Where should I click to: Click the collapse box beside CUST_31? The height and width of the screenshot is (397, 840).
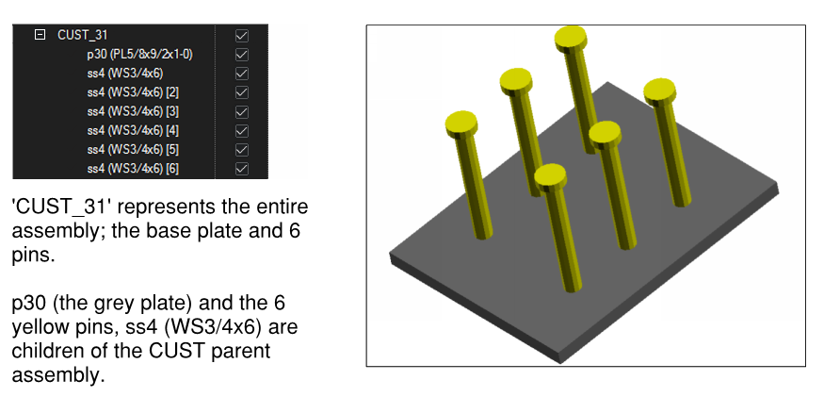[x=40, y=35]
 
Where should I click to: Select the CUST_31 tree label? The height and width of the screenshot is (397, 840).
[x=83, y=36]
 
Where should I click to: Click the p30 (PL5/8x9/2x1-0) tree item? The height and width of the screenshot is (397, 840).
[x=139, y=54]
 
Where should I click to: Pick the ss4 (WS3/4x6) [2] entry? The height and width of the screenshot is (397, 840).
[x=133, y=92]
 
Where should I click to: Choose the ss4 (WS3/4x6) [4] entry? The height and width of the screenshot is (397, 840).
[x=133, y=130]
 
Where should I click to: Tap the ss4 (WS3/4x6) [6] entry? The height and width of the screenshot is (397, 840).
[x=133, y=169]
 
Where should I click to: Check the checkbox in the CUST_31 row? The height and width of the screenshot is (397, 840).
[x=242, y=36]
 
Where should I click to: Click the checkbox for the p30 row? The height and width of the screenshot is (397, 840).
[x=242, y=54]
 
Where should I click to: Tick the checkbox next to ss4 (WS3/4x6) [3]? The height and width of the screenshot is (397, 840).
[x=242, y=111]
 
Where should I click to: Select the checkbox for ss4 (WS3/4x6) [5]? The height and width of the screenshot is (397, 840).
[x=242, y=150]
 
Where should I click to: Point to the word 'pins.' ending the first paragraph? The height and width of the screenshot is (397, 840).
[x=33, y=255]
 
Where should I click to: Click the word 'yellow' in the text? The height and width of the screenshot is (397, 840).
[x=41, y=326]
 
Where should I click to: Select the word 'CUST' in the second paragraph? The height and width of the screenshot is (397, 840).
[x=177, y=351]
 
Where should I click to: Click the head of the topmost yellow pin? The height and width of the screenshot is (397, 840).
[x=571, y=38]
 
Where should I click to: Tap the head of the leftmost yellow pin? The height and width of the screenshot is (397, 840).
[x=461, y=124]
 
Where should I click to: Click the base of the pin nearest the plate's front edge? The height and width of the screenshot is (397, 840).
[x=573, y=287]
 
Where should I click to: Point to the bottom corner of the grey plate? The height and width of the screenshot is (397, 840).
[x=559, y=363]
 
